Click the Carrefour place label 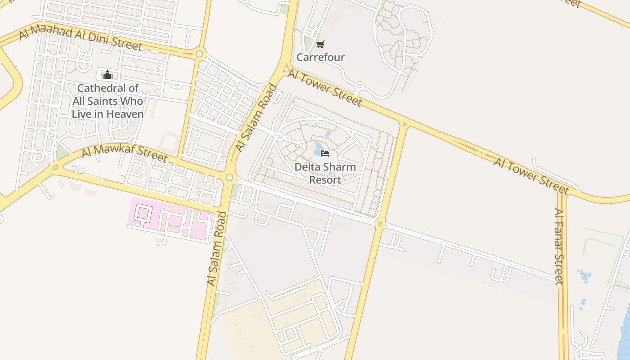click(x=320, y=57)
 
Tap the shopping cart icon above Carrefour click(x=320, y=44)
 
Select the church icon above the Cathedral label click(x=107, y=75)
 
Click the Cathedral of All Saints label click(x=108, y=101)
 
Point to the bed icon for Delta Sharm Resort click(x=324, y=153)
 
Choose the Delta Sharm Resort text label click(x=325, y=173)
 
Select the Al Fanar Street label click(x=558, y=247)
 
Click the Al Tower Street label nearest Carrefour click(x=324, y=88)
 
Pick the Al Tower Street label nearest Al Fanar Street click(x=531, y=175)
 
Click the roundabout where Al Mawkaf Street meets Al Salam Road click(x=229, y=178)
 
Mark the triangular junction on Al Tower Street click(x=403, y=125)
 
